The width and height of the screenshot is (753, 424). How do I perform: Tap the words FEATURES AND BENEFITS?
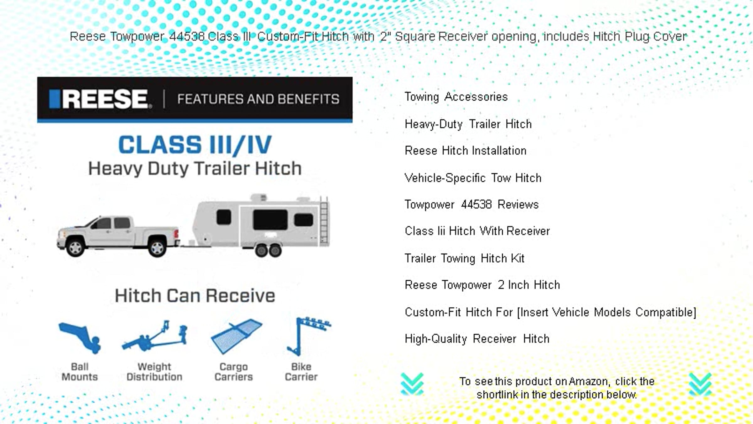[x=258, y=99]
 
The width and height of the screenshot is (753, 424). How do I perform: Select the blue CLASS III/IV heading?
[x=195, y=145]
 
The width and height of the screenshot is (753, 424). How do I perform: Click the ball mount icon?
[x=80, y=338]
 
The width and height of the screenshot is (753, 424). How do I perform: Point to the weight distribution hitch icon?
[x=154, y=336]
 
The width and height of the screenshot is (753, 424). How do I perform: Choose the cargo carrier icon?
[x=237, y=336]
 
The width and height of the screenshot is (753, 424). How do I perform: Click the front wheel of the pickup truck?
[x=75, y=248]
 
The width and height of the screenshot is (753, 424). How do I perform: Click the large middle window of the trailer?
[x=270, y=220]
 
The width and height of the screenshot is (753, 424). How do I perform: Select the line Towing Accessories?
[x=456, y=97]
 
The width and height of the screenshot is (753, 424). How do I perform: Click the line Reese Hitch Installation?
[x=466, y=151]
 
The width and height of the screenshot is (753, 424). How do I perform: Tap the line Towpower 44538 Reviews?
[x=472, y=204]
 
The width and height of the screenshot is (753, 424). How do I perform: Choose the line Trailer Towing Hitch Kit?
[x=465, y=258]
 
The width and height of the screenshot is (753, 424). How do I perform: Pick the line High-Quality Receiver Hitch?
[x=477, y=339]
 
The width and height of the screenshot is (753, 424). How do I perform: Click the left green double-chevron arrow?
[x=412, y=384]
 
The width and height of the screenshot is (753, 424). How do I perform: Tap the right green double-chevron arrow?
[x=700, y=384]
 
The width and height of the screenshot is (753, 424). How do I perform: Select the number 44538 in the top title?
[x=187, y=36]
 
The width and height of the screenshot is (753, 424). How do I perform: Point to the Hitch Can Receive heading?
[x=195, y=296]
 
